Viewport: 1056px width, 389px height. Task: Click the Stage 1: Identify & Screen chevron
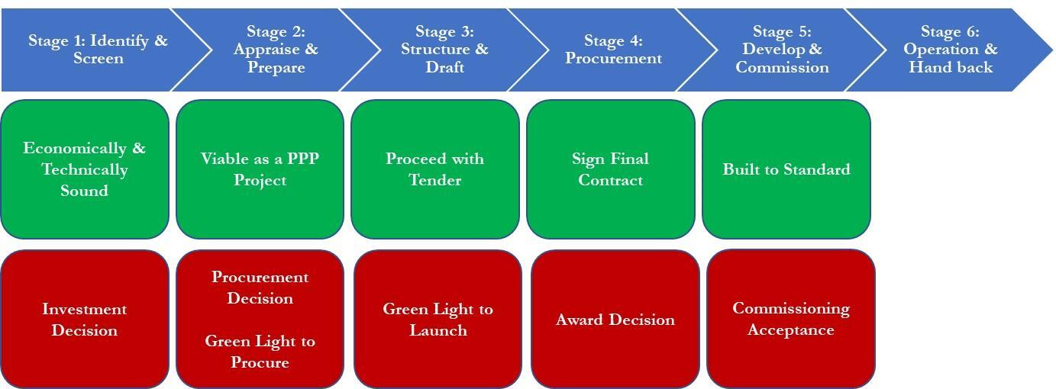98,50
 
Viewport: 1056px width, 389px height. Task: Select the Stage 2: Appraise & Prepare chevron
276,50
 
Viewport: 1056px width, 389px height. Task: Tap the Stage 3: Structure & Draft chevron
444,50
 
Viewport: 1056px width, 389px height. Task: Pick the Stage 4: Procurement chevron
613,50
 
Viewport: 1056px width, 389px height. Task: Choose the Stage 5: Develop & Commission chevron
782,50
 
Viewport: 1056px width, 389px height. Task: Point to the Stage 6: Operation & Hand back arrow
951,50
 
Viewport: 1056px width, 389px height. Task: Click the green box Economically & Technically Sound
84,169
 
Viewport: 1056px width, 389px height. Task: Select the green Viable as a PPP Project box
260,169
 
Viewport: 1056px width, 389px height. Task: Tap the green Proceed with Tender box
434,169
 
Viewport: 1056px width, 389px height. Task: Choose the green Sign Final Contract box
610,169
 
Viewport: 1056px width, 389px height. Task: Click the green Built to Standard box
786,169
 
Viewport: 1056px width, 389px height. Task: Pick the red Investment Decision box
84,320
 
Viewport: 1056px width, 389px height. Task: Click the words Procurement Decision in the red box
260,288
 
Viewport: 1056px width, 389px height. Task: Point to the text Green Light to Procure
260,352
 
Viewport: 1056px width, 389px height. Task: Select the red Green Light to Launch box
438,320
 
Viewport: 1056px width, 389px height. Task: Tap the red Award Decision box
615,320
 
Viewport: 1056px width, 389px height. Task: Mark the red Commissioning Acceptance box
790,319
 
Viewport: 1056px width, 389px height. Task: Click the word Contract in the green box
610,181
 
